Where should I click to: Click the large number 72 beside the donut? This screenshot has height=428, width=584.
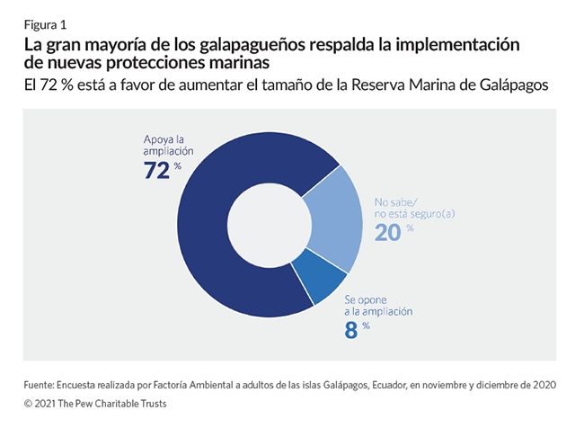point(157,170)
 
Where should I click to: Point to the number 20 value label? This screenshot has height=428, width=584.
point(387,232)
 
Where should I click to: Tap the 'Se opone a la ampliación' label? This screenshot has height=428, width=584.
point(378,304)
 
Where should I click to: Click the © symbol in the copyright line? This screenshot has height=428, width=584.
point(29,404)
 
